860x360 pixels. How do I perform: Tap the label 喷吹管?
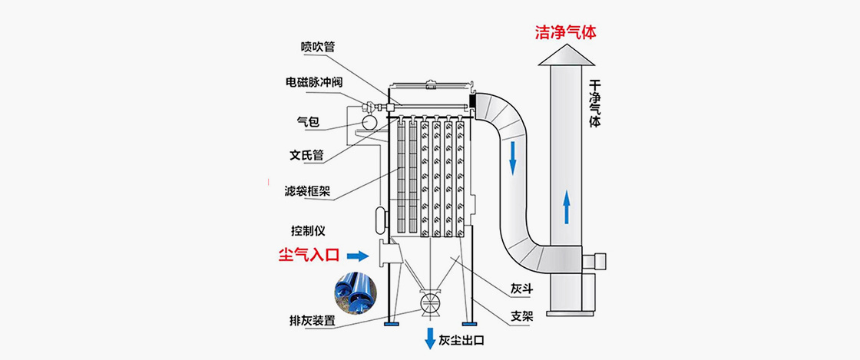coord(317,47)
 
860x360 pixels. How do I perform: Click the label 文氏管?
coord(306,155)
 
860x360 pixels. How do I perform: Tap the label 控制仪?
coord(307,231)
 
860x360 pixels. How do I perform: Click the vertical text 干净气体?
coord(594,104)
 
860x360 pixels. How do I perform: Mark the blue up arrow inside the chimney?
coord(566,207)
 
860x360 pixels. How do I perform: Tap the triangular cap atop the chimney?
coord(567,55)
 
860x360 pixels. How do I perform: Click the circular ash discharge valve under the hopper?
coord(428,302)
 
